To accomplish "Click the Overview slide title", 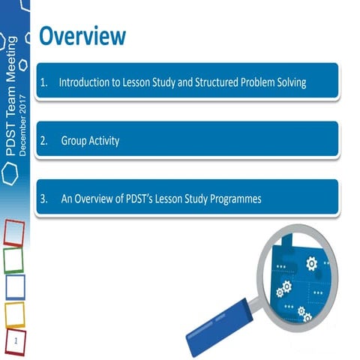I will point(82,35).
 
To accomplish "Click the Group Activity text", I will point(90,141).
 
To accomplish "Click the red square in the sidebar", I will point(13,232).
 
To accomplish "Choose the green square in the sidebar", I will point(13,259).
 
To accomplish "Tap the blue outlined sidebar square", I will point(14,287).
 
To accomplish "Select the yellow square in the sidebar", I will point(14,315).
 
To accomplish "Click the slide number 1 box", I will point(16,342).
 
